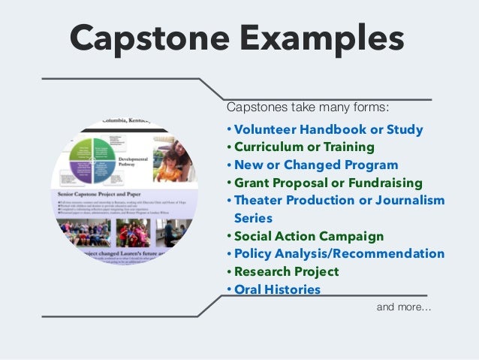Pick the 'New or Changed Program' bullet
point(315,165)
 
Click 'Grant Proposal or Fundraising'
point(327,183)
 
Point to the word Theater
point(258,201)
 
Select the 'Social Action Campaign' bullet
point(309,236)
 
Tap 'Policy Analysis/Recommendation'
point(339,253)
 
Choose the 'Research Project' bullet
point(286,271)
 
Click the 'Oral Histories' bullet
point(277,289)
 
